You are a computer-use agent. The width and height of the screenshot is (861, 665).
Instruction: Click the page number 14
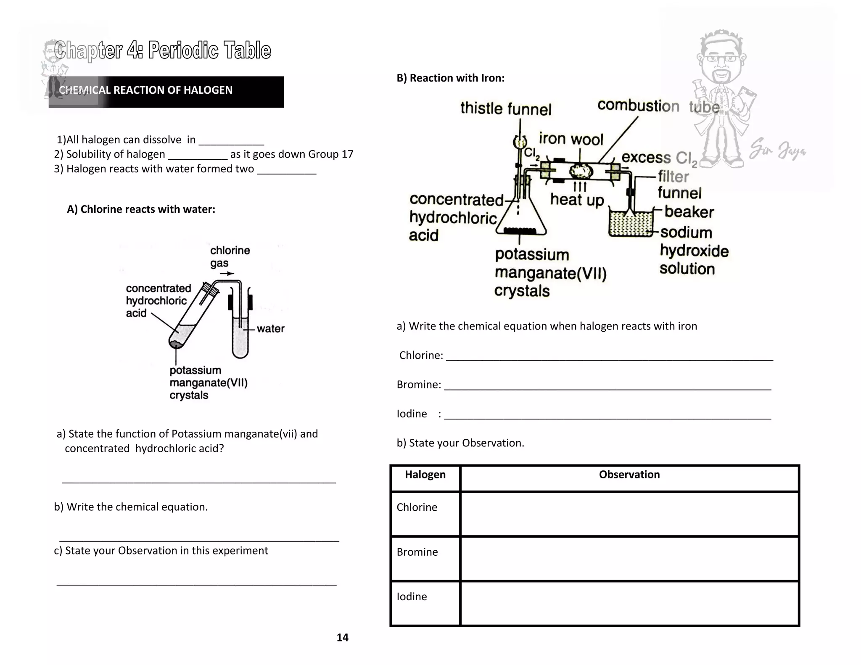point(342,637)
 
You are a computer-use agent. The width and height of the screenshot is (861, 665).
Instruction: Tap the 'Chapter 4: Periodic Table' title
point(162,51)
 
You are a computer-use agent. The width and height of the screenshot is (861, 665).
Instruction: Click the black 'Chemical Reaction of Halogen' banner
point(166,91)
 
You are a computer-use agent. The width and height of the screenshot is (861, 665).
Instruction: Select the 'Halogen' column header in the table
point(425,475)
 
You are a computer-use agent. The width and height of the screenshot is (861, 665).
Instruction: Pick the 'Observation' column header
point(629,475)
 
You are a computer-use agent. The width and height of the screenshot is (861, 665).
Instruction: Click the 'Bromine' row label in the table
point(417,552)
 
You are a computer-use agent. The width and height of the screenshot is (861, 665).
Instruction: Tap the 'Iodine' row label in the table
point(412,596)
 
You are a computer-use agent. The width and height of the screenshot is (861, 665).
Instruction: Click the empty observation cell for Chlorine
point(629,514)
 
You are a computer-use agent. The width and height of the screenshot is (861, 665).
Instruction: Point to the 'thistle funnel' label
point(505,108)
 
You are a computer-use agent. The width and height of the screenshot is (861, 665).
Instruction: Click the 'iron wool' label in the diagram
point(570,139)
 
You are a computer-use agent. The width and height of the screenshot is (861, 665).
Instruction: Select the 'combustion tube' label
point(658,106)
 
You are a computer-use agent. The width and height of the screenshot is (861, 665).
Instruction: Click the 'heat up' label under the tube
point(577,200)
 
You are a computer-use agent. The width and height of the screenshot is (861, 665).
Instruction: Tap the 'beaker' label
point(689,212)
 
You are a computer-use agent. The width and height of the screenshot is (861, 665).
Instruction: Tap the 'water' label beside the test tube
point(270,328)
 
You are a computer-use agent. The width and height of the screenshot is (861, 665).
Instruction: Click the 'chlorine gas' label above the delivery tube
point(230,256)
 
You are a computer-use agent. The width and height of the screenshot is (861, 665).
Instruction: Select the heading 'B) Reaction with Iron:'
point(450,78)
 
